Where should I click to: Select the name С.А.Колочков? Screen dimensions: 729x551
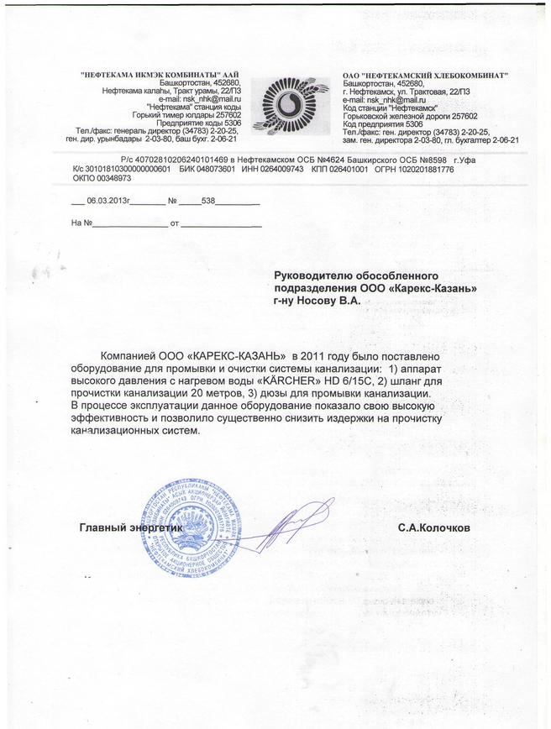(434, 529)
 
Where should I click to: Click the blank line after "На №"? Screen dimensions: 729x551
(129, 224)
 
